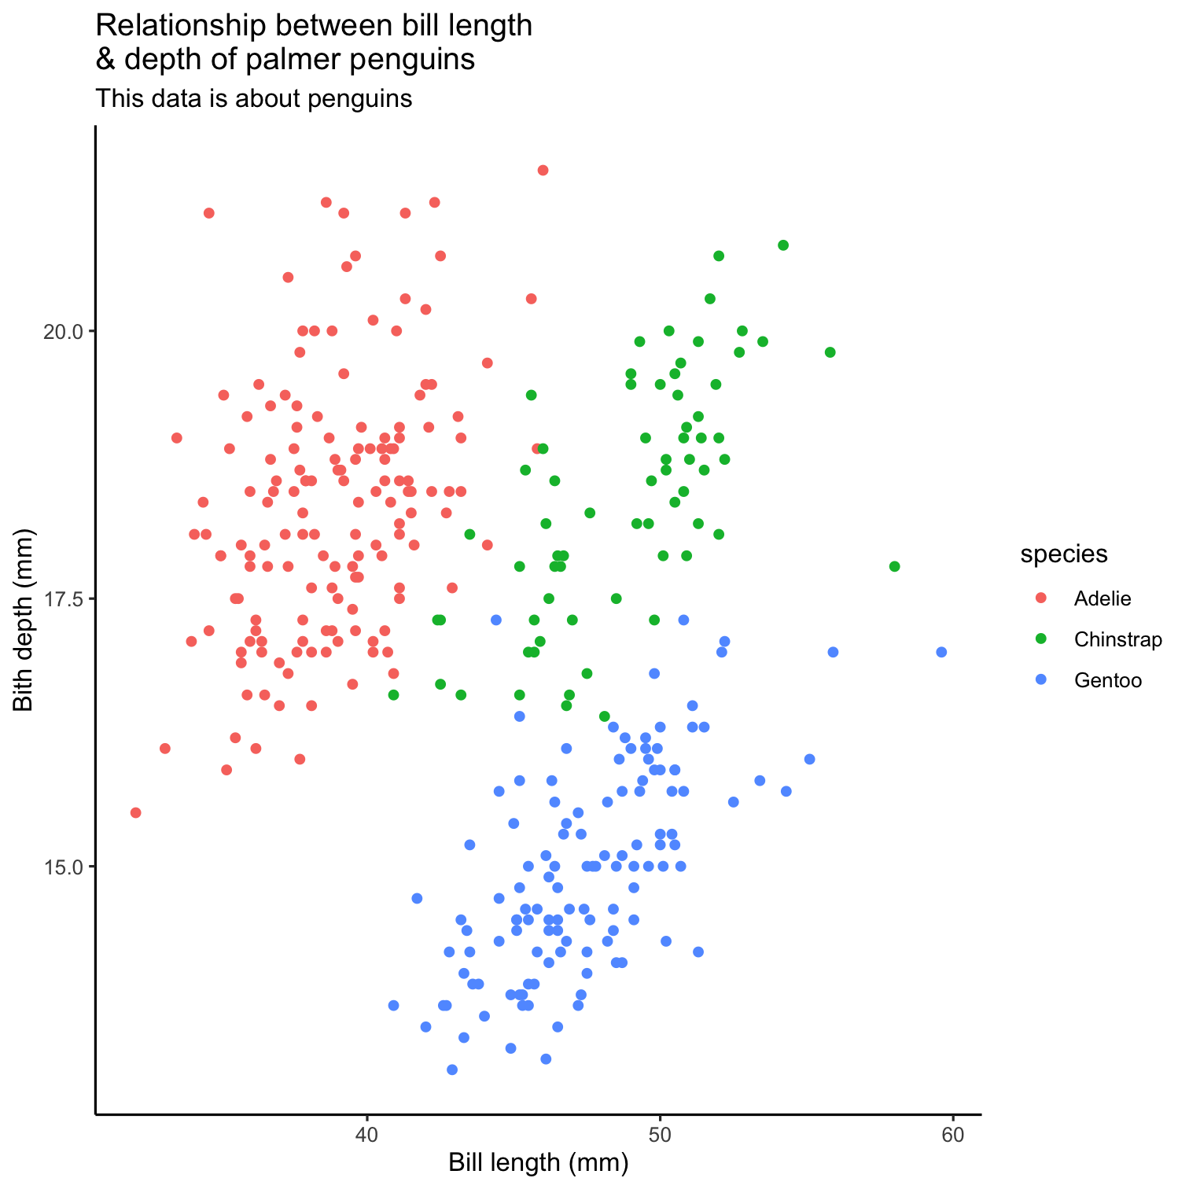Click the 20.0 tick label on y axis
click(x=62, y=331)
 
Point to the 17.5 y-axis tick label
click(x=62, y=599)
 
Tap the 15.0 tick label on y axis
click(x=62, y=867)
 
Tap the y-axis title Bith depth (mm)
click(x=24, y=620)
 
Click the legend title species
click(x=1064, y=554)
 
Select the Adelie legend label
click(x=1102, y=598)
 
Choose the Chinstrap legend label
click(x=1118, y=640)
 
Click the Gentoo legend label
click(x=1108, y=680)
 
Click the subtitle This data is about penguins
click(x=254, y=99)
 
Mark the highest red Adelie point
click(x=543, y=170)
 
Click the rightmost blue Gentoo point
click(x=941, y=652)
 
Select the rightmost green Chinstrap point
click(x=894, y=566)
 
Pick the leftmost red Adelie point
click(x=135, y=812)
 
